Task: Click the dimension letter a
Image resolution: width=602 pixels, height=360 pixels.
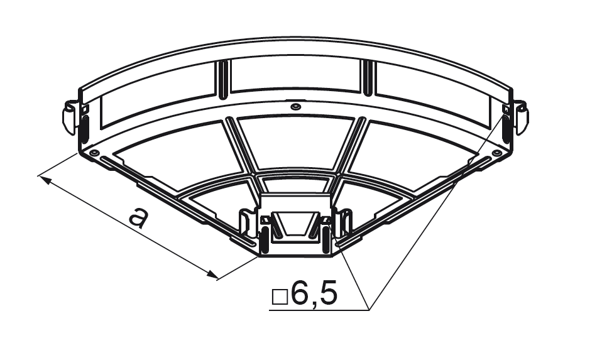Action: pos(138,217)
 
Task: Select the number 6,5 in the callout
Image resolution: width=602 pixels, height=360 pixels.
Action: pos(314,293)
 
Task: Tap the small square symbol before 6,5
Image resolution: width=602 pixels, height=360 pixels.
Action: pos(280,297)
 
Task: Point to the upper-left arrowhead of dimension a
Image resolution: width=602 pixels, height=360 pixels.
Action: pos(45,180)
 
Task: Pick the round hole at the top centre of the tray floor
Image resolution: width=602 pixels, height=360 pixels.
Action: pos(295,106)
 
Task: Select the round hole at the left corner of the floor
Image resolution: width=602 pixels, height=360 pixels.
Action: pos(94,153)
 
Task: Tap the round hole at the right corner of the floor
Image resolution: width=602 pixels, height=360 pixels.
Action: pos(497,153)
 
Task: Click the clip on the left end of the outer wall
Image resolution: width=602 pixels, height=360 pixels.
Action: pos(70,117)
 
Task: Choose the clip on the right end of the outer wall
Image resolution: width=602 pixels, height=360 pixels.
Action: pos(522,117)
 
